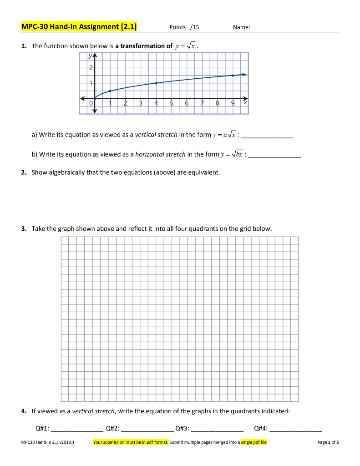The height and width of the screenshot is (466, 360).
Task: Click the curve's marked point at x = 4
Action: [156, 83]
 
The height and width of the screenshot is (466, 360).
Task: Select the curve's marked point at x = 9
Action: [233, 76]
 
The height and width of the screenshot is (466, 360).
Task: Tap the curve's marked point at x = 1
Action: [110, 91]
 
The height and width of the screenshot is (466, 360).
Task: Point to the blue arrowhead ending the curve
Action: [245, 74]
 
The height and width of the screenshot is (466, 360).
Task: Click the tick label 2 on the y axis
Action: [91, 67]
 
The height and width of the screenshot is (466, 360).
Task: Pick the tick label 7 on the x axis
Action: [202, 104]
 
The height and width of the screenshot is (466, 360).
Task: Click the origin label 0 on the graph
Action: [91, 104]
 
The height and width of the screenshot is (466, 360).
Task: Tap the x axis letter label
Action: [245, 103]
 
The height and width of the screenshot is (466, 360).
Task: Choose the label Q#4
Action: [261, 428]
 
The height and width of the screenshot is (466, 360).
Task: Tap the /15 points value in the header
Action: [194, 27]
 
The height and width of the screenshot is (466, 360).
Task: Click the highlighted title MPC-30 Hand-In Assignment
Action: [79, 26]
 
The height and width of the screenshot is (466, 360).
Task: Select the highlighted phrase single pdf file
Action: [254, 442]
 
